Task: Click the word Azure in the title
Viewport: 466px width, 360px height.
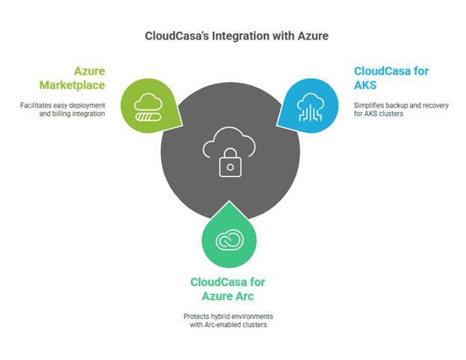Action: pyautogui.click(x=313, y=36)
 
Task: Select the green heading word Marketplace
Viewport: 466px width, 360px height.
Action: pyautogui.click(x=72, y=85)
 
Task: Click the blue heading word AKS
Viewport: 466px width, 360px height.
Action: pyautogui.click(x=365, y=85)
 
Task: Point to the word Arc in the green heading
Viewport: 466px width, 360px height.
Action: pyautogui.click(x=245, y=297)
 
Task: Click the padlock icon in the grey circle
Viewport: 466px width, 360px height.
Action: pyautogui.click(x=230, y=163)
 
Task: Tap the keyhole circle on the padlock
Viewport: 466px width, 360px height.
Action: pyautogui.click(x=230, y=167)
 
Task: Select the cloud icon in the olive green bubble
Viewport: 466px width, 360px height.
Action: pyautogui.click(x=149, y=102)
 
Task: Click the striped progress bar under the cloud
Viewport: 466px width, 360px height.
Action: pyautogui.click(x=149, y=117)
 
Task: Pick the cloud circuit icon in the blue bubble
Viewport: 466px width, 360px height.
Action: pyautogui.click(x=310, y=107)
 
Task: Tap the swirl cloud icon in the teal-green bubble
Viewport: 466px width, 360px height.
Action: pyautogui.click(x=229, y=240)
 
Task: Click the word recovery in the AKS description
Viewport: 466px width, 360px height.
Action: pyautogui.click(x=436, y=105)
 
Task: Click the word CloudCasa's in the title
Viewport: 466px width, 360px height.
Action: pyautogui.click(x=177, y=36)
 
